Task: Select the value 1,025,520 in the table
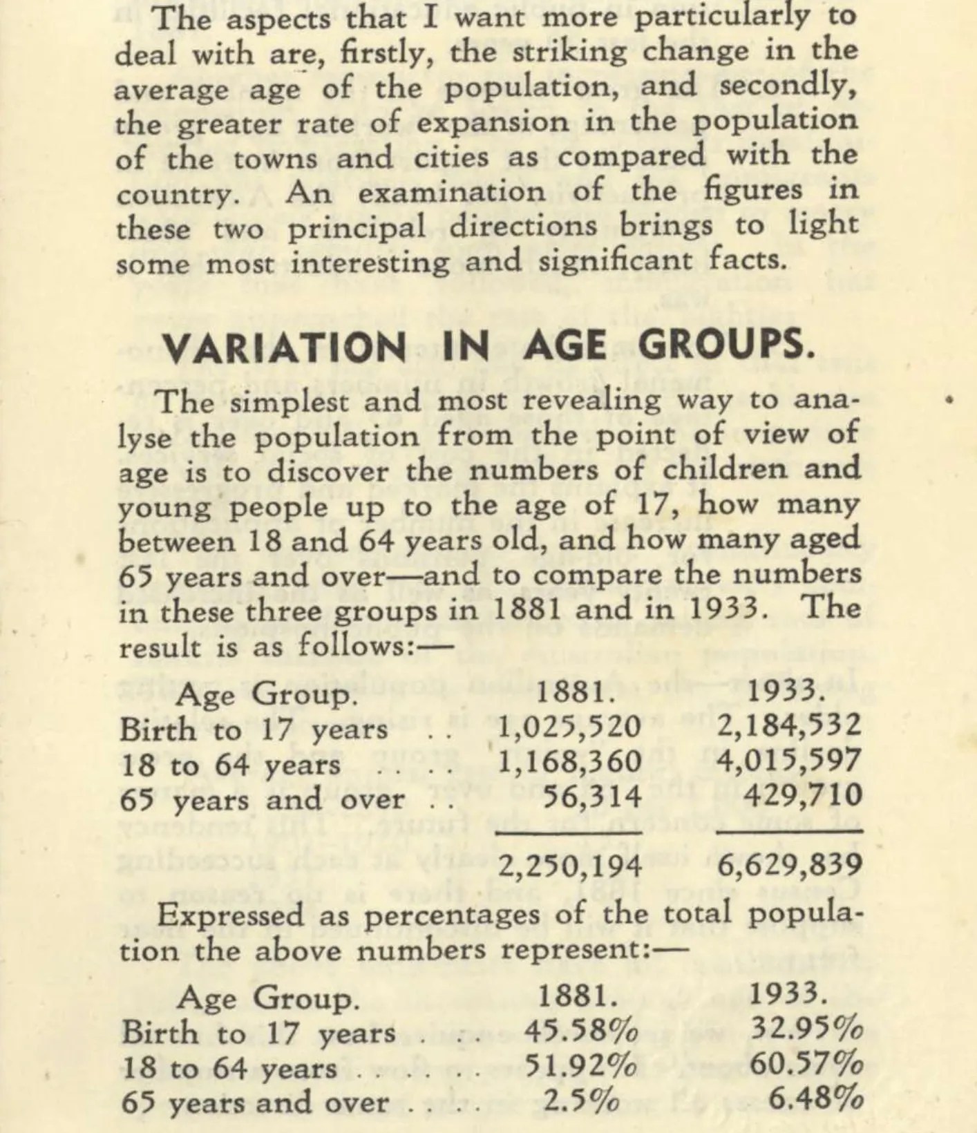click(569, 727)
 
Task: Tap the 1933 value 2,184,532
click(790, 725)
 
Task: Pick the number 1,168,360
click(569, 761)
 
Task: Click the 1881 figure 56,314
click(593, 796)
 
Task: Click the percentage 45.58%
click(581, 1032)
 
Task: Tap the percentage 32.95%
click(806, 1030)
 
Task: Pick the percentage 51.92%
click(581, 1067)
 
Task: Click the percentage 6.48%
click(815, 1099)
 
